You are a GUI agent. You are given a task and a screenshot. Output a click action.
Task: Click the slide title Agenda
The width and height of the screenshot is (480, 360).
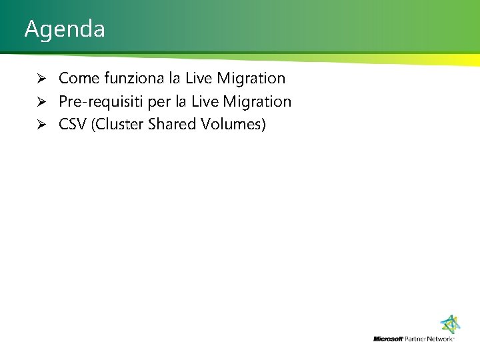tap(65, 29)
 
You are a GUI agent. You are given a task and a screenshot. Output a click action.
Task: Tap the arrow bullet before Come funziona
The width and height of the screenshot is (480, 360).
tap(40, 79)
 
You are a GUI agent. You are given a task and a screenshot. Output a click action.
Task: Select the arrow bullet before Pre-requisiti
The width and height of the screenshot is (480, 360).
tap(40, 102)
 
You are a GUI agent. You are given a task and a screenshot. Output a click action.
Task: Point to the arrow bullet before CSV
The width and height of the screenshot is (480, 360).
tap(40, 125)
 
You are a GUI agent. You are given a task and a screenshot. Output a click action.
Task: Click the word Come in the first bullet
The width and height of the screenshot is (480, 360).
tap(77, 79)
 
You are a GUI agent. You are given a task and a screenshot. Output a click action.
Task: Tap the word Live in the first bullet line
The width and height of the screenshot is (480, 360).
tap(199, 79)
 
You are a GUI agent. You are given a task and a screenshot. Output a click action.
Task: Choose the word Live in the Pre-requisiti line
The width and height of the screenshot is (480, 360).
tap(205, 102)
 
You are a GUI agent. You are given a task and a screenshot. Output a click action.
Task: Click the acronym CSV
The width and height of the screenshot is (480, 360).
tap(73, 125)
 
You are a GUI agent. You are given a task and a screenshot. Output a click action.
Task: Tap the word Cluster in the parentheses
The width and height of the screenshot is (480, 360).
tap(117, 125)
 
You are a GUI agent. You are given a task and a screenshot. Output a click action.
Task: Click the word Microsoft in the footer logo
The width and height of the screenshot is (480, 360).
tap(388, 339)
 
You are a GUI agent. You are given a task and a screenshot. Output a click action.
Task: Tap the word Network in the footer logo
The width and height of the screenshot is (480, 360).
tap(441, 339)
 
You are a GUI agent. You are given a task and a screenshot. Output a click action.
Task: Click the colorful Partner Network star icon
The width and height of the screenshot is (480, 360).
tap(451, 325)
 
